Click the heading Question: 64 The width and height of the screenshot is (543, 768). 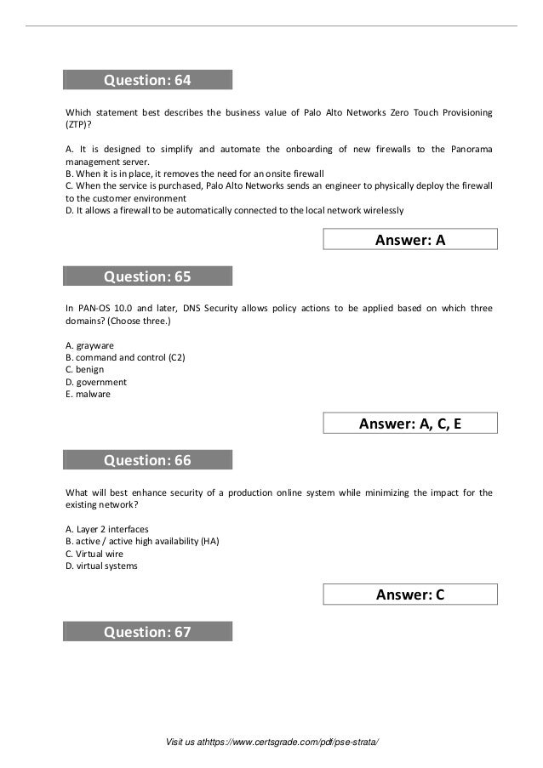tap(147, 81)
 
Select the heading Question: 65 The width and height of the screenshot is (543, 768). tap(147, 276)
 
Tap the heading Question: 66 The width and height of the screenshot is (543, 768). tap(147, 460)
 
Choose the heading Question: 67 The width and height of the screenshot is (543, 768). tap(147, 632)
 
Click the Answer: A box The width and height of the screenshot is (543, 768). tap(410, 241)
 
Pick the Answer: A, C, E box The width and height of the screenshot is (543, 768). tap(410, 424)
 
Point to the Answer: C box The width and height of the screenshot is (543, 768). tap(410, 595)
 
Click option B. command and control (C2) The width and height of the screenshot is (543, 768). tap(125, 357)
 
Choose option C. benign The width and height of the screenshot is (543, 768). tap(84, 370)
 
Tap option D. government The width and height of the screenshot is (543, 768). tap(93, 382)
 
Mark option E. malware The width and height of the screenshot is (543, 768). tap(88, 394)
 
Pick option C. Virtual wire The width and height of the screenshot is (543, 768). tap(94, 554)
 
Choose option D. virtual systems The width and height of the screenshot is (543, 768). tap(101, 566)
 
